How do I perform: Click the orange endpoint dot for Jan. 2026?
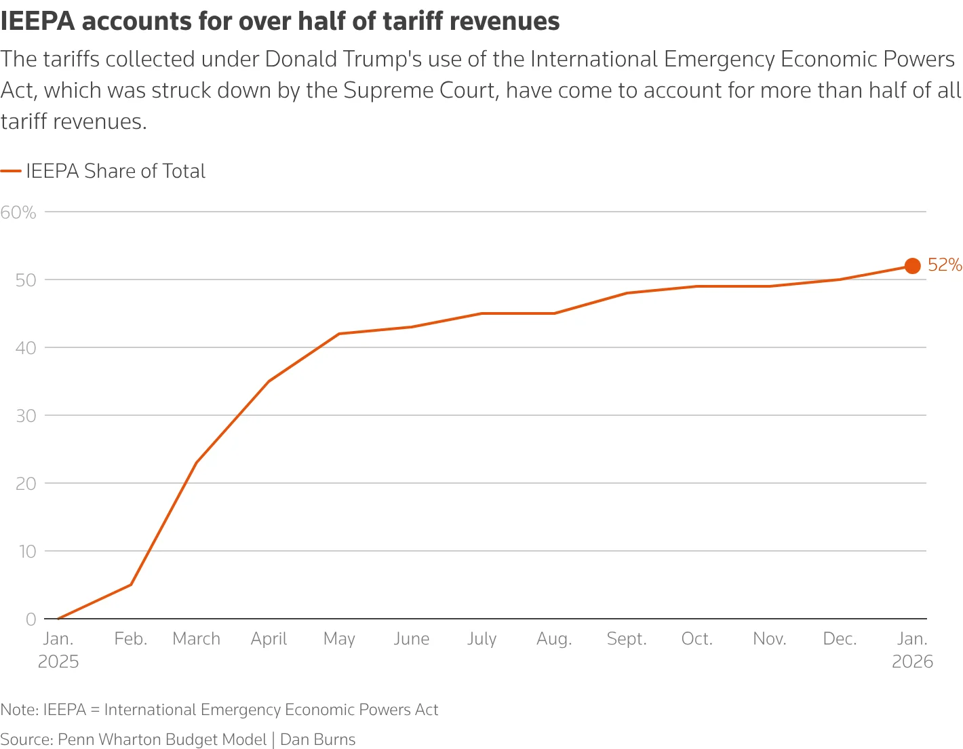click(x=912, y=266)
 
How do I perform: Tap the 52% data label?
click(x=945, y=265)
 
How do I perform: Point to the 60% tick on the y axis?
click(x=18, y=212)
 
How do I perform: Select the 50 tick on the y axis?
click(x=26, y=280)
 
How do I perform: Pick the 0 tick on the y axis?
click(x=31, y=619)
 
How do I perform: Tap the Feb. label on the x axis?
click(x=131, y=639)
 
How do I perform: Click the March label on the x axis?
click(x=197, y=639)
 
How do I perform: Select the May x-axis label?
click(x=339, y=639)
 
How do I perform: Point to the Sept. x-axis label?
click(x=627, y=639)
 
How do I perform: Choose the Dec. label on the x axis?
click(x=840, y=639)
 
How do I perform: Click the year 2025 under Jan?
click(x=58, y=662)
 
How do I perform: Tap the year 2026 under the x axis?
click(x=912, y=662)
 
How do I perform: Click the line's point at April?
click(x=269, y=381)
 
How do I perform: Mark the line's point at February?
click(x=131, y=585)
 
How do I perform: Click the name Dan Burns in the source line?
click(x=317, y=740)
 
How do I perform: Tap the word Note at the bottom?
click(x=18, y=710)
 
